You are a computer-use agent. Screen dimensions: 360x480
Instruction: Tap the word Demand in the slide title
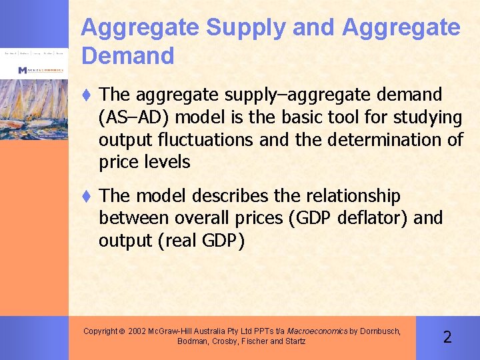tap(127, 56)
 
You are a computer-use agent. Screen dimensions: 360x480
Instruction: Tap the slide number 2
tap(447, 337)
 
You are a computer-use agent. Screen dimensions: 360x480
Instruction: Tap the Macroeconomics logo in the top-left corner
tap(40, 70)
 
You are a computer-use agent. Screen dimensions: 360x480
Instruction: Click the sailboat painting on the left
tap(34, 107)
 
